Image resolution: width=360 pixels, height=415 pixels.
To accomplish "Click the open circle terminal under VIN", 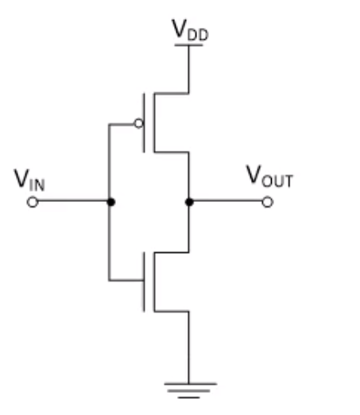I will click(x=32, y=202).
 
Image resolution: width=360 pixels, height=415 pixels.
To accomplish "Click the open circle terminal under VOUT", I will click(x=267, y=202).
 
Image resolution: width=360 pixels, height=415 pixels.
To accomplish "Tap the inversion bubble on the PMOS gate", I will click(x=139, y=123).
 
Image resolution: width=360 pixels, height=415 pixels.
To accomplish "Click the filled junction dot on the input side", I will click(x=110, y=202).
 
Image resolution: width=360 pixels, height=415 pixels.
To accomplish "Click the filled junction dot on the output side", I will click(x=188, y=202).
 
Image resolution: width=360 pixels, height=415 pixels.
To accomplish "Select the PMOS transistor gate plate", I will click(x=145, y=123).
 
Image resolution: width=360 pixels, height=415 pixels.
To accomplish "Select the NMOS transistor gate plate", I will click(x=145, y=280).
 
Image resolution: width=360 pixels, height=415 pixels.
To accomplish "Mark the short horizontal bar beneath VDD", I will click(x=188, y=45).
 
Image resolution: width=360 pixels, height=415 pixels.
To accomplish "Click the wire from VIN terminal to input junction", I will click(x=72, y=202).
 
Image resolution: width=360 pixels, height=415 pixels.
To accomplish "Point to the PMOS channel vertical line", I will click(x=153, y=123).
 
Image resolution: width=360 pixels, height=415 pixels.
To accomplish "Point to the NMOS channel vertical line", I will click(x=153, y=280).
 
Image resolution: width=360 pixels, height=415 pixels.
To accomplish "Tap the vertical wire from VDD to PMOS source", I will click(x=188, y=70).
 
